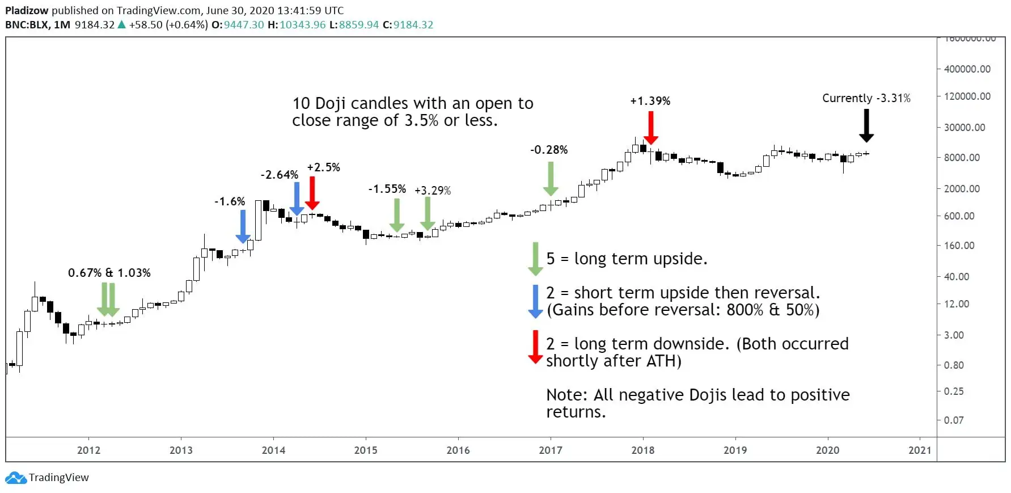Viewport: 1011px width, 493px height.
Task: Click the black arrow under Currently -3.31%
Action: (866, 125)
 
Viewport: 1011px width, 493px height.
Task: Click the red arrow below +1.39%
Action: (651, 128)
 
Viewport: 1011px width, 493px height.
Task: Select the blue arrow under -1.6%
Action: (243, 226)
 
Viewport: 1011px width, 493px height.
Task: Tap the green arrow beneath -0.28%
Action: (551, 179)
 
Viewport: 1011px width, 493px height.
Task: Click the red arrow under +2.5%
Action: (312, 193)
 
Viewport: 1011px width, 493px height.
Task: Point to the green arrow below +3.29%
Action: (428, 214)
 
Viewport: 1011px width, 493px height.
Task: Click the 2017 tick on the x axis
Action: (551, 450)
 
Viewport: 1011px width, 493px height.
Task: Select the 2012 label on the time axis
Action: (88, 450)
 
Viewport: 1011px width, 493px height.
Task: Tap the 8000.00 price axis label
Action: (962, 158)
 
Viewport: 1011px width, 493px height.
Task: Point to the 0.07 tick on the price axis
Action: (954, 420)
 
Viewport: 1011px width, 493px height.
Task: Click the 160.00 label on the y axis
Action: (959, 246)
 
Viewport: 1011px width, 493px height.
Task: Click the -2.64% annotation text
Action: (280, 175)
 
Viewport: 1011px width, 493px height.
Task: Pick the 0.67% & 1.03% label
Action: (109, 273)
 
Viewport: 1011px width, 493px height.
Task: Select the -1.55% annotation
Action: (387, 189)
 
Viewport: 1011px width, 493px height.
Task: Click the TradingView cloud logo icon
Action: (16, 478)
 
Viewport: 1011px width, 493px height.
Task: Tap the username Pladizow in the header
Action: (27, 10)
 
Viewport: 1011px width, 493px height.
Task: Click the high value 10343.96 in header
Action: (302, 25)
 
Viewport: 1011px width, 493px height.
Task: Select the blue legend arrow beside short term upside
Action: (535, 301)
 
